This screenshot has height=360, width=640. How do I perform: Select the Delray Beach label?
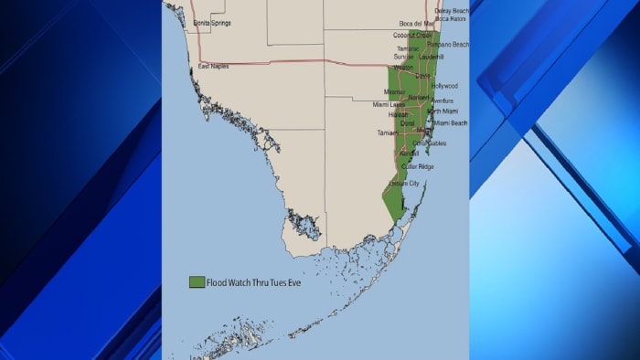point(452,11)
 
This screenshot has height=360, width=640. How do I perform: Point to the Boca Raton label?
point(450,18)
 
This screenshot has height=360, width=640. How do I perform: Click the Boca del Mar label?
point(417,24)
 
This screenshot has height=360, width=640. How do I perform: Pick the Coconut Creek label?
point(414,36)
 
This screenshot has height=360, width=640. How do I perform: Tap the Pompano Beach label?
point(448,44)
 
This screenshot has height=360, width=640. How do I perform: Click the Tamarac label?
point(408,48)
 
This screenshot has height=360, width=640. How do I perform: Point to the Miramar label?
point(395,91)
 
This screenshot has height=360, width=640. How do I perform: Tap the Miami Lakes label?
point(389,104)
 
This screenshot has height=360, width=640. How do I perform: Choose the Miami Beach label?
point(450,122)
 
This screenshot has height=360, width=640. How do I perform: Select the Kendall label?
point(409,154)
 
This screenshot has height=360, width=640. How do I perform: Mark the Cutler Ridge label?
point(417,166)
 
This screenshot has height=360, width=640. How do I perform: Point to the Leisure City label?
point(403,184)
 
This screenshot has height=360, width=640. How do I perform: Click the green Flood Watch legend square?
point(196,282)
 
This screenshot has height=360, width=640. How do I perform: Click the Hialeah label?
point(399,115)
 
